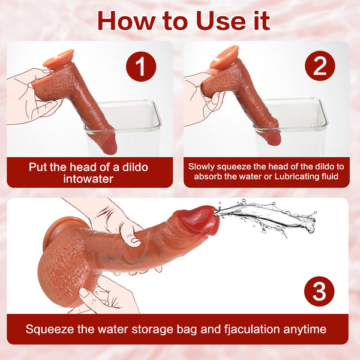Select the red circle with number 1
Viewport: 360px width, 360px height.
coord(140,66)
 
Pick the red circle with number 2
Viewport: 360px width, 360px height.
coord(320,66)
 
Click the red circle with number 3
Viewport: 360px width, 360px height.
coord(320,292)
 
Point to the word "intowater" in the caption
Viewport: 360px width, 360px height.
coord(89,179)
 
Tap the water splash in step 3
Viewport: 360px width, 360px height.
coord(270,216)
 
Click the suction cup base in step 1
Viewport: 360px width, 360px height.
coord(59,58)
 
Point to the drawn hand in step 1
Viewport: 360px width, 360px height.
coord(30,96)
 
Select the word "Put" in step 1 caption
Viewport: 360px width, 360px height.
coord(38,167)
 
